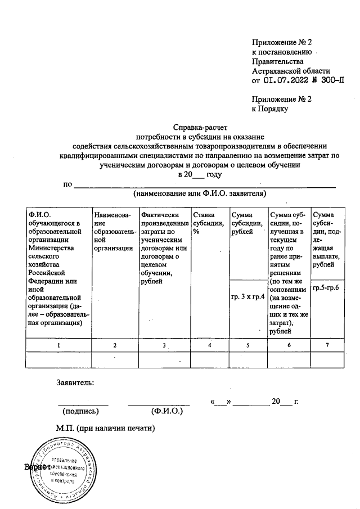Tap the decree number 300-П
331,81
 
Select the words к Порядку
270,109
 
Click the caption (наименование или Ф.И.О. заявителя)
199,193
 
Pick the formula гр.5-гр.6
328,289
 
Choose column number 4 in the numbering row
209,345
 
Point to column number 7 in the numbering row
328,345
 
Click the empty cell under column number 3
164,359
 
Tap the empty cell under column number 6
289,359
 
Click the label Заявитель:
75,383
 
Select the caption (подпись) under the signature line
84,411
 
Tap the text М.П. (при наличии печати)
105,428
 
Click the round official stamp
63,468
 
